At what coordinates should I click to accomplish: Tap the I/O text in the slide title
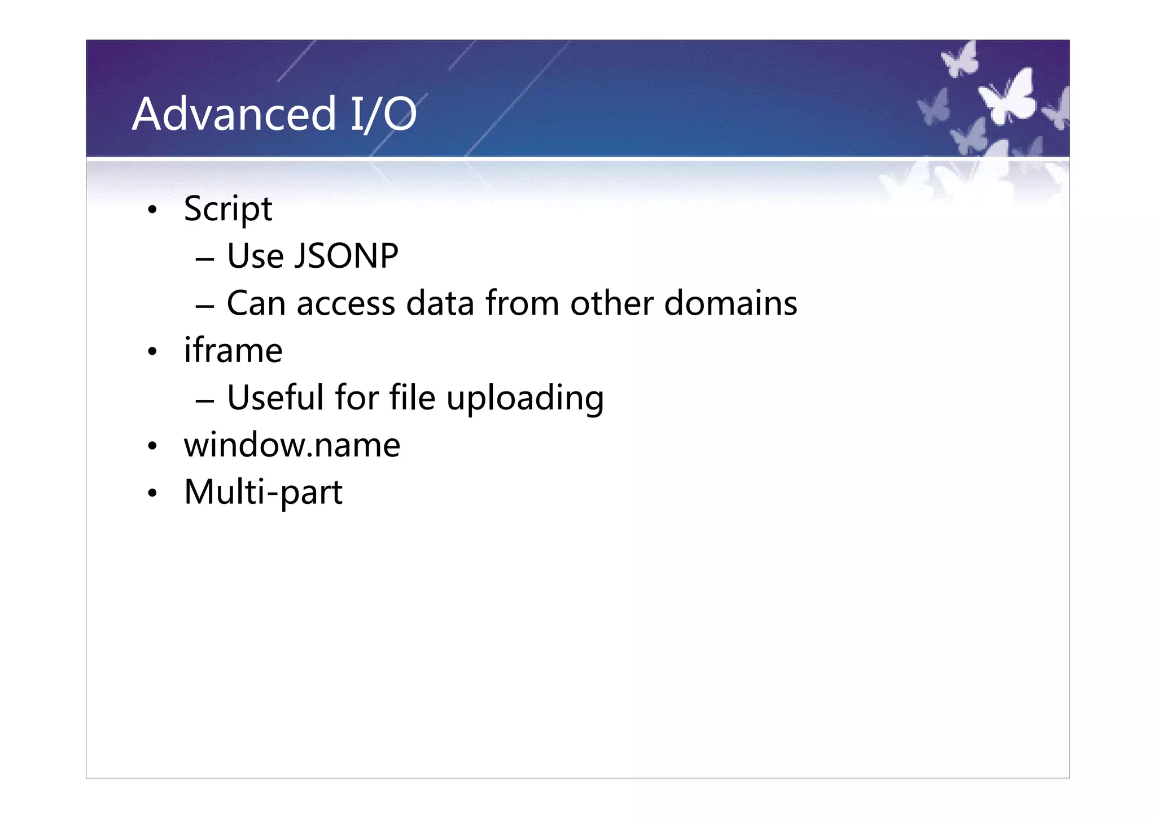pyautogui.click(x=383, y=115)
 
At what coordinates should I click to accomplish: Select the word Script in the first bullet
pyautogui.click(x=228, y=210)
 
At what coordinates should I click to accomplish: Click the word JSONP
pyautogui.click(x=347, y=256)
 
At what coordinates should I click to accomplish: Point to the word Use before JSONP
pyautogui.click(x=255, y=256)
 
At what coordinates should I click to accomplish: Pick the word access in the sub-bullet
pyautogui.click(x=345, y=304)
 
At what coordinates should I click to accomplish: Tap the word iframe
pyautogui.click(x=233, y=350)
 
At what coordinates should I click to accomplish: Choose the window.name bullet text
pyautogui.click(x=292, y=445)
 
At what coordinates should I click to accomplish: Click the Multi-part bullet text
pyautogui.click(x=263, y=492)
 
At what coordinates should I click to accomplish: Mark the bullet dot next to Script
pyautogui.click(x=152, y=211)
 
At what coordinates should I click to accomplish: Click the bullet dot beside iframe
pyautogui.click(x=152, y=352)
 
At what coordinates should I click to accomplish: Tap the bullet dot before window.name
pyautogui.click(x=152, y=446)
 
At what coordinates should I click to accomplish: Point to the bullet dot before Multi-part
pyautogui.click(x=152, y=493)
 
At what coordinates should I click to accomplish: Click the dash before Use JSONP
pyautogui.click(x=204, y=259)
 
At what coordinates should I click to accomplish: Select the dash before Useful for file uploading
pyautogui.click(x=204, y=401)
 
